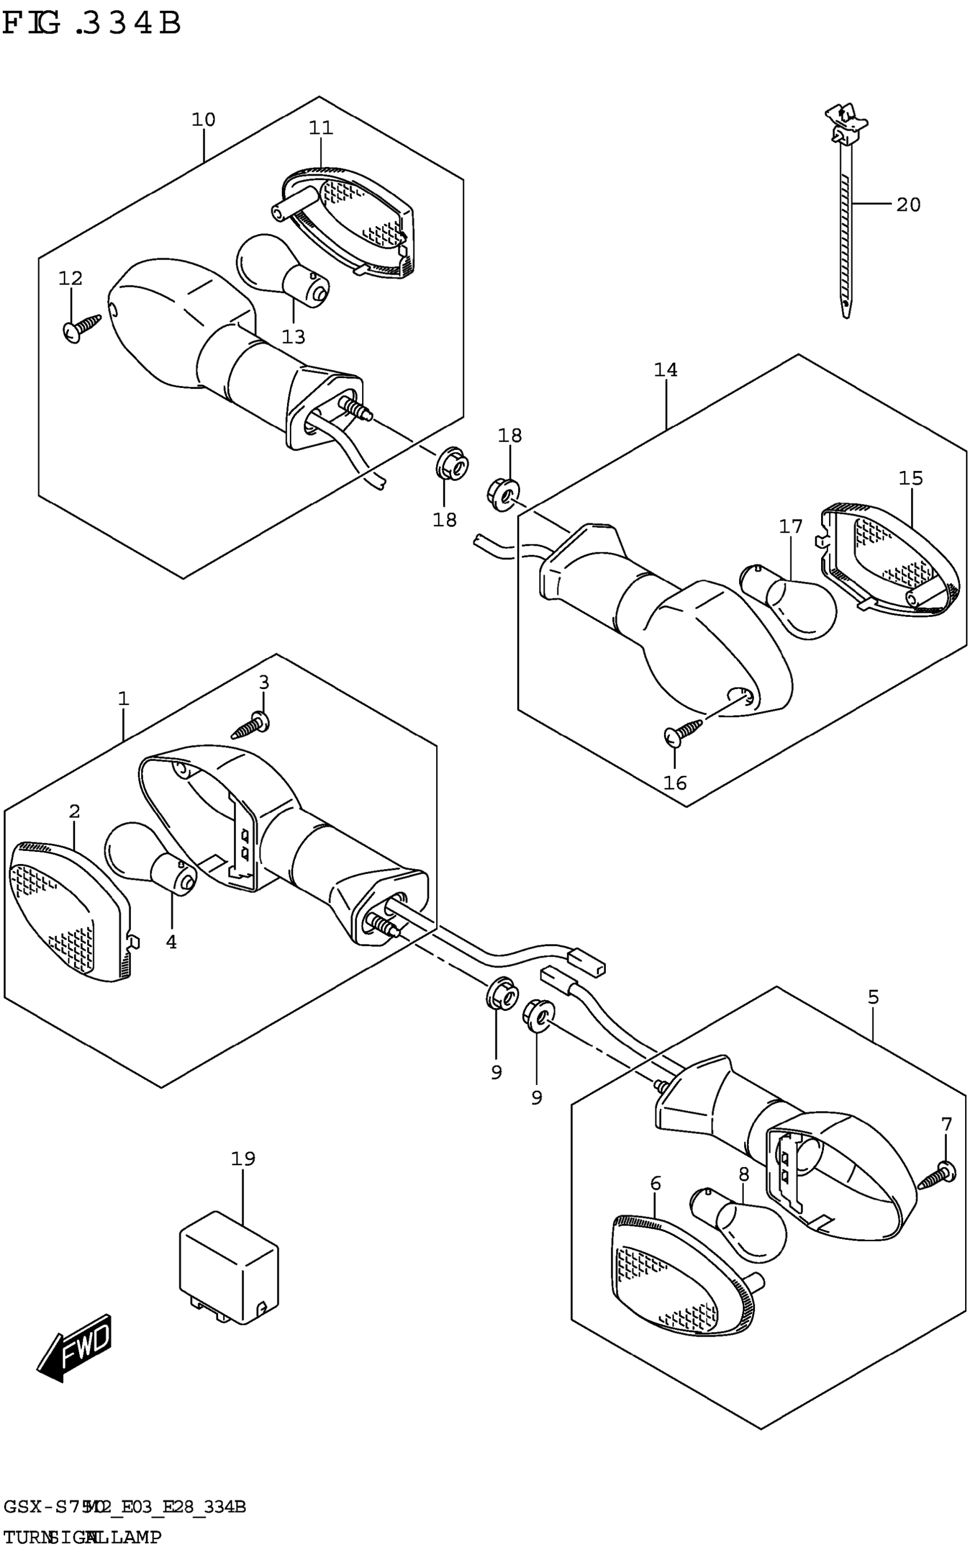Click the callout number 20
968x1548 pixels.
tap(908, 205)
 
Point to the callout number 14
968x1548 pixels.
tap(666, 370)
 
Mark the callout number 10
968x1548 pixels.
tap(204, 120)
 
